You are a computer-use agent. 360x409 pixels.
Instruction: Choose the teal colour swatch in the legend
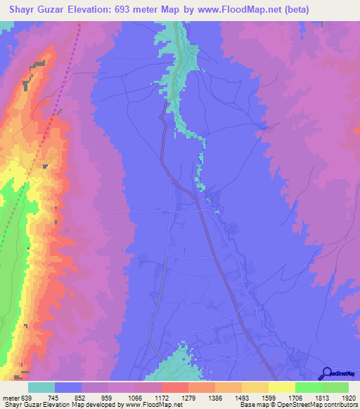click(41, 387)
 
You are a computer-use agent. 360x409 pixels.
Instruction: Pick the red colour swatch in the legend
click(175, 387)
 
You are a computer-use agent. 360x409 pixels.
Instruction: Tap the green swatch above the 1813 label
click(309, 387)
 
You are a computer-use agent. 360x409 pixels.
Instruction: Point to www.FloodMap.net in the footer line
click(148, 405)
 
